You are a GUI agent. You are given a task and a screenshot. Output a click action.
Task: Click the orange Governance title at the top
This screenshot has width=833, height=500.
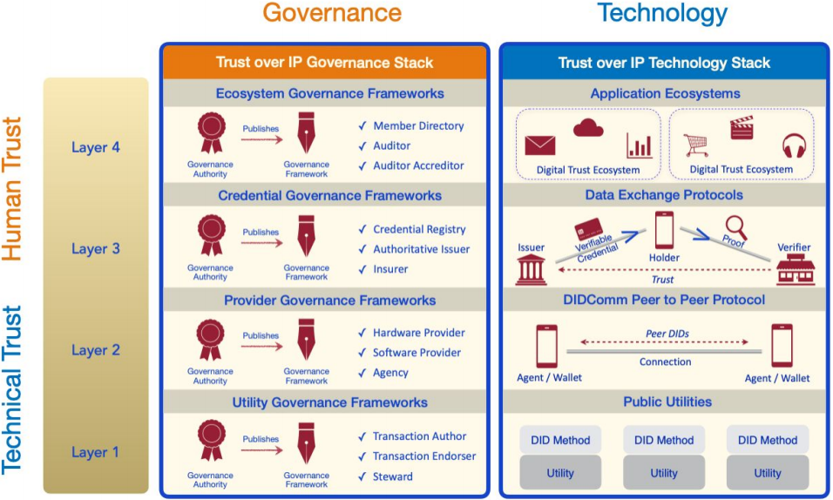coord(332,13)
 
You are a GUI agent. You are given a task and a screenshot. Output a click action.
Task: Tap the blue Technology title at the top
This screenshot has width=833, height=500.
coord(662,14)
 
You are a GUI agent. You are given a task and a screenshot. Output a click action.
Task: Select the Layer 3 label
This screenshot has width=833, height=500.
coord(96,248)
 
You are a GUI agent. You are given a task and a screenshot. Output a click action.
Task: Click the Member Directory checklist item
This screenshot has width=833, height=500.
coord(418,126)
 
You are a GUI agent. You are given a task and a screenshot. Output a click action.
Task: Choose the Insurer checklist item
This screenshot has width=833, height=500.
coord(390,269)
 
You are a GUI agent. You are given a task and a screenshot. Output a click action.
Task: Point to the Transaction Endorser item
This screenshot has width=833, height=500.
coord(424,456)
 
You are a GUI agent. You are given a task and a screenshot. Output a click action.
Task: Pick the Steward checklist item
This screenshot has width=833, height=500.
coord(393,476)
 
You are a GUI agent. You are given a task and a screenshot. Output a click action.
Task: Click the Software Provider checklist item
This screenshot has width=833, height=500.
coord(416,352)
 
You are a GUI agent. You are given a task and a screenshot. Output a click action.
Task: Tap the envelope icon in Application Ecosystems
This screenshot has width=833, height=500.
coord(539,145)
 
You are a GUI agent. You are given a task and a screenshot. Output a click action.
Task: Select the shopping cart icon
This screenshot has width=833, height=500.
coord(696,145)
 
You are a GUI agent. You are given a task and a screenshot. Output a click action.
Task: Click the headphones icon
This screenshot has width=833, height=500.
coord(794,145)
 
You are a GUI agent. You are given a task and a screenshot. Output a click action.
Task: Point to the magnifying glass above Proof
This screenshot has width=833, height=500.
coord(737,227)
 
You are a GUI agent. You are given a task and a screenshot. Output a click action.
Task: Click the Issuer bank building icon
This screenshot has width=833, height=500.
coord(531,269)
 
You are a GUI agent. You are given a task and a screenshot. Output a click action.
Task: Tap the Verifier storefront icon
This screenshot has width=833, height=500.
coord(796,269)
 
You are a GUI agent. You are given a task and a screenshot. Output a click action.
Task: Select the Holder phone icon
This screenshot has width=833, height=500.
coord(664,230)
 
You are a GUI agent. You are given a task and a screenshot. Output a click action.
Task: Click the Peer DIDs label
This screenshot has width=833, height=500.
coord(667,334)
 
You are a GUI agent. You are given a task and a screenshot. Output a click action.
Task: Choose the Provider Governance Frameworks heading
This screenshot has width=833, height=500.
coord(329,301)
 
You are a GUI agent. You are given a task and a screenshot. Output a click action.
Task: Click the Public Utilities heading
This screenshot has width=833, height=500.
coord(667,402)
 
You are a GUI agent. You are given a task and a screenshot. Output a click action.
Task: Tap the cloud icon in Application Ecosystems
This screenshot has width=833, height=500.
coord(588,128)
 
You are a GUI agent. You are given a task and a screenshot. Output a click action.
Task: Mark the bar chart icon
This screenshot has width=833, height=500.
coord(639,145)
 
